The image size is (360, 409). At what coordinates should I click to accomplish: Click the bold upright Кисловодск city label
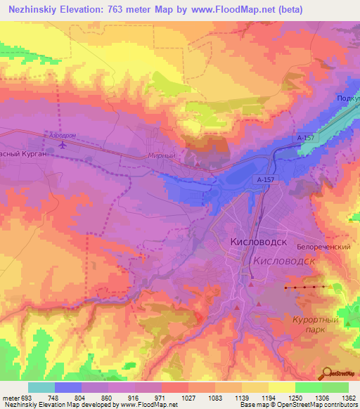(x=259, y=242)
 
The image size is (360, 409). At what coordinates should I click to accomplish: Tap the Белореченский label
(x=323, y=248)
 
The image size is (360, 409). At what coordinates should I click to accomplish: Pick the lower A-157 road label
(x=266, y=180)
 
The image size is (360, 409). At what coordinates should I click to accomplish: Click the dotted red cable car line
(x=306, y=287)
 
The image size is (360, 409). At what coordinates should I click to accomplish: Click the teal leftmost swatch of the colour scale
(x=41, y=387)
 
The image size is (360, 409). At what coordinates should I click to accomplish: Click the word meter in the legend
(x=11, y=398)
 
